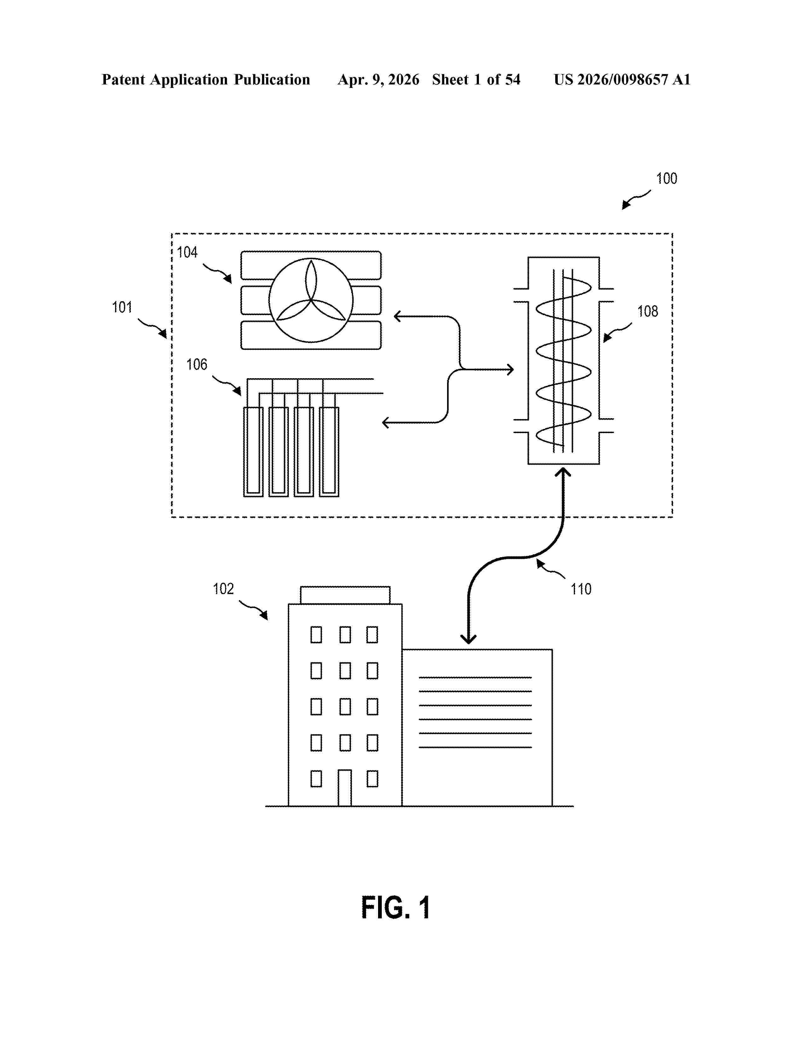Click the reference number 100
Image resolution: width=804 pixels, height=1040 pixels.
666,179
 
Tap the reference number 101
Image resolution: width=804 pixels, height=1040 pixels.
122,307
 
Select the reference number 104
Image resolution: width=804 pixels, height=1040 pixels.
187,252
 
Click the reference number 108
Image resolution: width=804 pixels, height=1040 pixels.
647,311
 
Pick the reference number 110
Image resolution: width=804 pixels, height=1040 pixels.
580,589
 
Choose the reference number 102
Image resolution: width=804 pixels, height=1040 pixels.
224,589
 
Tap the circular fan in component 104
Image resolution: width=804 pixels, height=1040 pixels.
311,300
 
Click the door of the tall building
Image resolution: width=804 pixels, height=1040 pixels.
345,788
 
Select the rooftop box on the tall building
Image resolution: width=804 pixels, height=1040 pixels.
345,595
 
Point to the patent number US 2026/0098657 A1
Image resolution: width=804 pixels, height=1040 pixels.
621,79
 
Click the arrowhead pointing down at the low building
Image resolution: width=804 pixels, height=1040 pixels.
469,639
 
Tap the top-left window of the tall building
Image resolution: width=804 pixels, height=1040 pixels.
316,635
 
